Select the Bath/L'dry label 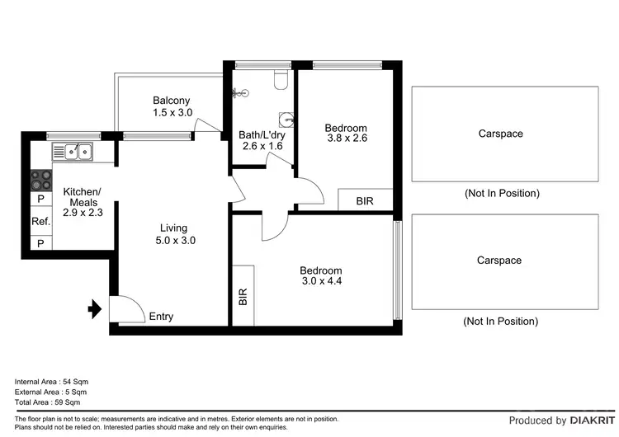coord(262,134)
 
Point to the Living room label coord(173,228)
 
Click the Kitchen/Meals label coord(80,197)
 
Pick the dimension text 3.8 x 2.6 coord(345,139)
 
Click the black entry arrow coord(94,310)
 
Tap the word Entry coord(160,317)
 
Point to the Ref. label coord(40,221)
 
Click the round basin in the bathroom coord(286,118)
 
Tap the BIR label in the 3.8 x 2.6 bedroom coord(364,200)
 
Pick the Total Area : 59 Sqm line coord(47,402)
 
